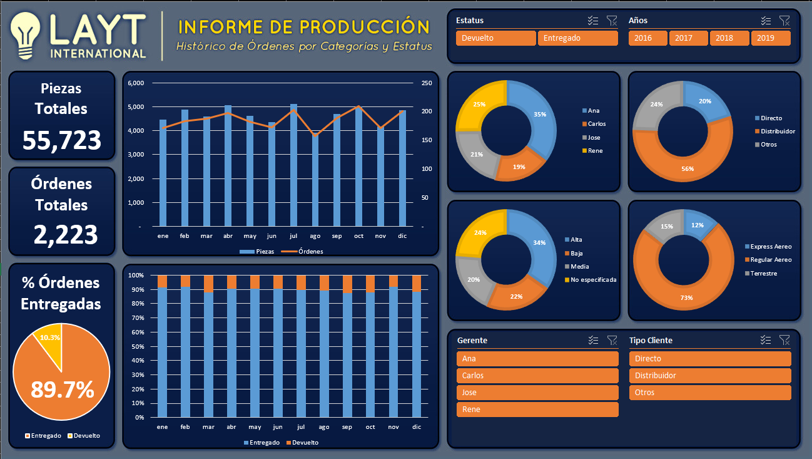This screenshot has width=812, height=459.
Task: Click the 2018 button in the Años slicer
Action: (x=729, y=38)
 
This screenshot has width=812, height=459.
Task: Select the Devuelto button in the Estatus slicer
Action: (x=495, y=38)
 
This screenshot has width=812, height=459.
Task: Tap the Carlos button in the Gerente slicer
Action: (x=537, y=376)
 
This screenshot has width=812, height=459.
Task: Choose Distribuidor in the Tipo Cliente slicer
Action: (x=710, y=376)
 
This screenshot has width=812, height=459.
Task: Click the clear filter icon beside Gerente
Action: (x=612, y=341)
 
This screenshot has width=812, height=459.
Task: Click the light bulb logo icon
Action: (x=25, y=36)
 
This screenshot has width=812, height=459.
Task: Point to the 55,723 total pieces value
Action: (x=62, y=140)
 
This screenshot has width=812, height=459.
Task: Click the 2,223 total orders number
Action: (x=66, y=234)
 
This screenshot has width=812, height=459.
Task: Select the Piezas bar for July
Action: (x=293, y=165)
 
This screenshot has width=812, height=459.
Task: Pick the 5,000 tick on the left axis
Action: (x=136, y=107)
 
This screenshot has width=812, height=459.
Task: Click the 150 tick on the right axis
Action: (x=427, y=140)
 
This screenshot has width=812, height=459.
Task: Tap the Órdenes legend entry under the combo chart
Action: (x=302, y=252)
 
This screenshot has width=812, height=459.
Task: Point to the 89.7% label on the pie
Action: (x=63, y=389)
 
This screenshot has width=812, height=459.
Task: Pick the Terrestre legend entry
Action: (x=761, y=274)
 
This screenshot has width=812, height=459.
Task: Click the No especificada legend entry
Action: (x=591, y=280)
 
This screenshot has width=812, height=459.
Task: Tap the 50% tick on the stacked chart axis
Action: (x=138, y=346)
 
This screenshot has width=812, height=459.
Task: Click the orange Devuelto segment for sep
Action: (x=347, y=284)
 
